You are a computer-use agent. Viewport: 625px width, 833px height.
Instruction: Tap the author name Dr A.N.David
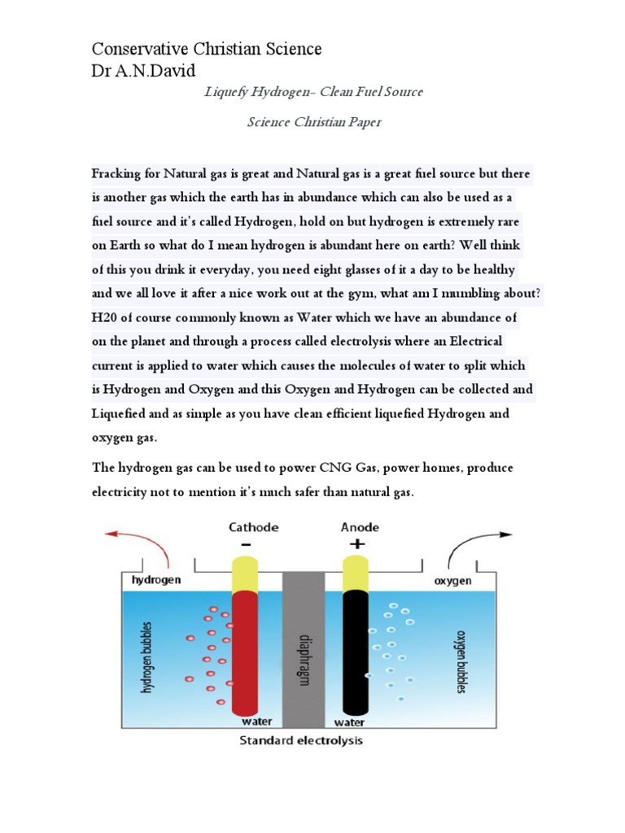[144, 72]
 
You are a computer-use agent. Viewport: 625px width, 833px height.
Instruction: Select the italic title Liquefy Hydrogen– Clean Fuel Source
[312, 92]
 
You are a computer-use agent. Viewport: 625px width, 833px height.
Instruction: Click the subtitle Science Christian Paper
[312, 123]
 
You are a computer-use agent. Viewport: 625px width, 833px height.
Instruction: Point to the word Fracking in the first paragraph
[116, 174]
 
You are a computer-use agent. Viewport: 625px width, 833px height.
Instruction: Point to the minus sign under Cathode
[246, 544]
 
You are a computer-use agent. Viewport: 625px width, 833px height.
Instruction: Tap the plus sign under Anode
[356, 544]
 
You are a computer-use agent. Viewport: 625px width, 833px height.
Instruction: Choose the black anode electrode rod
[355, 651]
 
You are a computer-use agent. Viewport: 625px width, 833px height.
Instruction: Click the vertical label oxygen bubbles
[461, 661]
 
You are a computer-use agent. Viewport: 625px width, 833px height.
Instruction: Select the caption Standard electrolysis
[300, 741]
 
